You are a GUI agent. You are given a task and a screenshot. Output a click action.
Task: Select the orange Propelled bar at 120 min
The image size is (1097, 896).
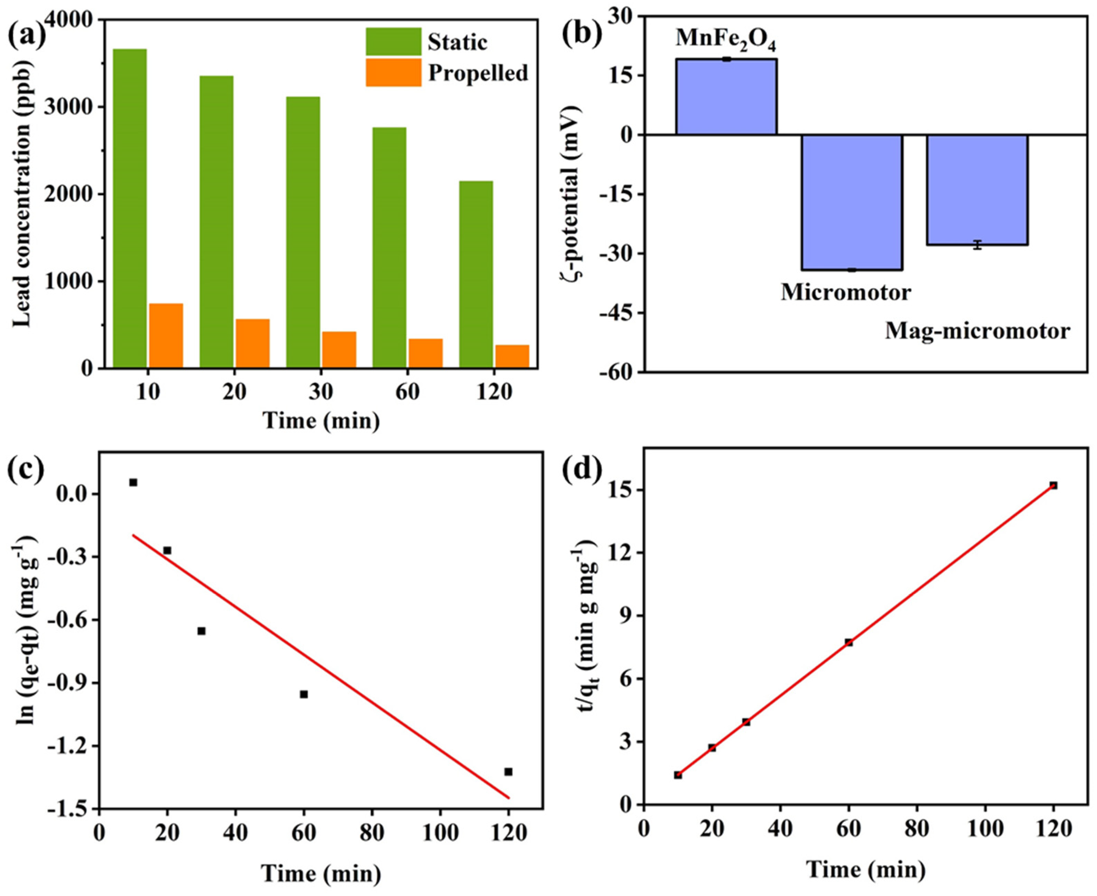(x=512, y=356)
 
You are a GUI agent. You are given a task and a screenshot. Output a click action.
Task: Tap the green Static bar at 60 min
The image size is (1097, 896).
(x=389, y=248)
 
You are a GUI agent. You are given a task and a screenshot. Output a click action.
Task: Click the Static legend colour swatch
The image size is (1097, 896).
(x=394, y=42)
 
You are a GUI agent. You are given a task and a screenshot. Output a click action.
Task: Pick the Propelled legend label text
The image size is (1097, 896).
(x=478, y=73)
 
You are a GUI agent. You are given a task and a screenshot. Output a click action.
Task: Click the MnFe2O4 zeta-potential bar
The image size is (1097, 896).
(x=726, y=97)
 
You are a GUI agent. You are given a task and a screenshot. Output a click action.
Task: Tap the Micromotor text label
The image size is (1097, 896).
(x=846, y=293)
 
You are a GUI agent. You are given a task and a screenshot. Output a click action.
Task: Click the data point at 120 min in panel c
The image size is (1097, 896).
(x=508, y=771)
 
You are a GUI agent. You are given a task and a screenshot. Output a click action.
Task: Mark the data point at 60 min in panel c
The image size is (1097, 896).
(x=304, y=694)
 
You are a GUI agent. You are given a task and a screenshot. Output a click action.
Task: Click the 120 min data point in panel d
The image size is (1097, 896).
(x=1053, y=485)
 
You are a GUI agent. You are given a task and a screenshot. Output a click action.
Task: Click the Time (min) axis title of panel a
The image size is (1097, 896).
(x=321, y=421)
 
